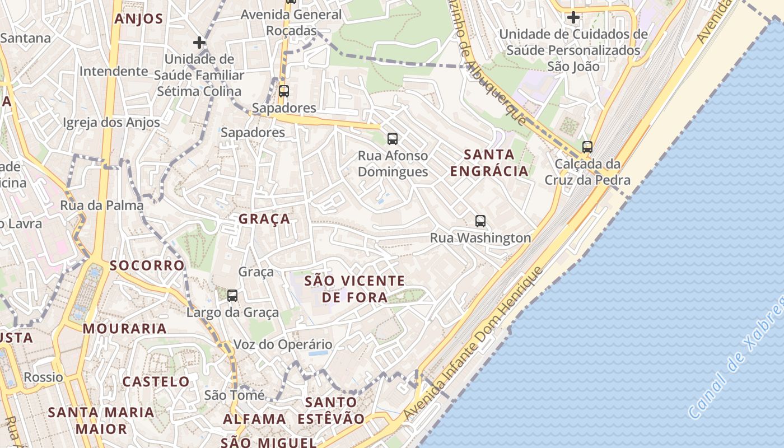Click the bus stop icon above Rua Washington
(x=480, y=221)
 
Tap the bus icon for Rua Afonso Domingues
(x=393, y=138)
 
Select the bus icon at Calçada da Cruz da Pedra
(x=587, y=147)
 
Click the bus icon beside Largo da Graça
(x=232, y=295)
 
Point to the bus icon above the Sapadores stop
(x=284, y=91)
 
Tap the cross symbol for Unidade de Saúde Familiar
(x=199, y=43)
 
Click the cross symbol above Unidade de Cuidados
(x=573, y=17)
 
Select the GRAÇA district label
(x=264, y=219)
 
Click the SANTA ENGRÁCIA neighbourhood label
(x=490, y=162)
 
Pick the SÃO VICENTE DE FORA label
(x=354, y=289)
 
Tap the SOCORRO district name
(x=147, y=265)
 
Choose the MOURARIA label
(x=125, y=329)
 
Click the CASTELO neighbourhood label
(x=156, y=382)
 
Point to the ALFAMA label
(x=255, y=419)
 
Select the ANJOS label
(x=139, y=19)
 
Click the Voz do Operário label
(x=283, y=344)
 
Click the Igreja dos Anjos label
(x=111, y=123)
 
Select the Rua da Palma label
(x=102, y=206)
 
